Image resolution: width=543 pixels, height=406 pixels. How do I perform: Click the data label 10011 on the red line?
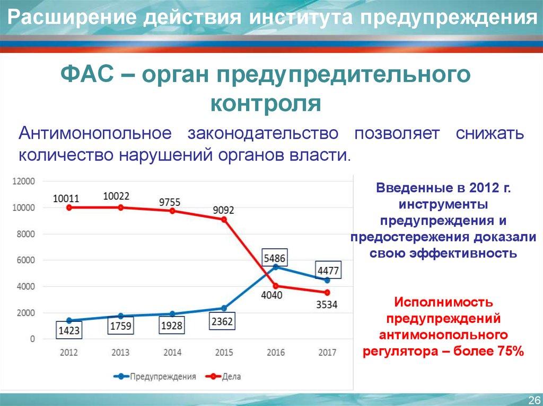(x=66, y=199)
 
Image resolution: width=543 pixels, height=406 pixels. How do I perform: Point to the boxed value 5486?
(x=275, y=259)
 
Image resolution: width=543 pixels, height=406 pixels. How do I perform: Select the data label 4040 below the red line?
(x=271, y=295)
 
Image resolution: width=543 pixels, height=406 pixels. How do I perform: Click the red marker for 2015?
(x=224, y=219)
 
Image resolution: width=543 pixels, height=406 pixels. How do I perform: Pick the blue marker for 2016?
(x=276, y=267)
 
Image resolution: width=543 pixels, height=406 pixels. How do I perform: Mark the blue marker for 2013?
(x=121, y=316)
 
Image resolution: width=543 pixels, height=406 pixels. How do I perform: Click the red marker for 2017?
(x=327, y=292)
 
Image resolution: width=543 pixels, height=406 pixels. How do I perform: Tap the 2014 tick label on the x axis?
(x=172, y=353)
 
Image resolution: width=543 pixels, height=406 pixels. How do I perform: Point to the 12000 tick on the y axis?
(x=24, y=181)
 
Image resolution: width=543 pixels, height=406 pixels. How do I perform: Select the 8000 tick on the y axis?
(x=25, y=234)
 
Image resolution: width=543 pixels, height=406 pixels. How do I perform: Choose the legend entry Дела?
(x=231, y=377)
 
